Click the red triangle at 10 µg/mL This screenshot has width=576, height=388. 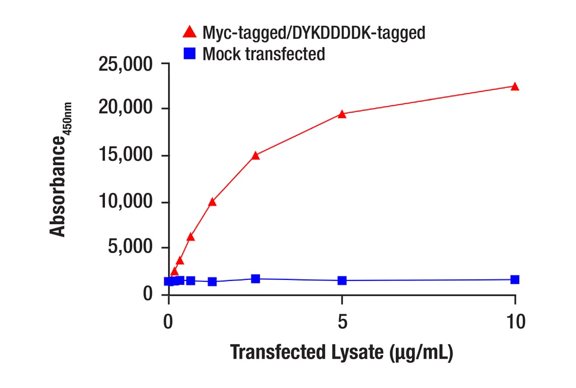(514, 86)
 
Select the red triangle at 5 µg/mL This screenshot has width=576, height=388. (342, 114)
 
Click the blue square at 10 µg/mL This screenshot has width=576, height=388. (514, 279)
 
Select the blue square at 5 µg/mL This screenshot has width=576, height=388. (342, 280)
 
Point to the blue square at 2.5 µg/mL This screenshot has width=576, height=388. (255, 279)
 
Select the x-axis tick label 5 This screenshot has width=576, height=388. (342, 321)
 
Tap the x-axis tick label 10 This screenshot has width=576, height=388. (514, 321)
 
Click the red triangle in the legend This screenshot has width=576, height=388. (189, 32)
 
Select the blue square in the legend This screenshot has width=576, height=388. (189, 53)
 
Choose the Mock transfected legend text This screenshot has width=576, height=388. (264, 54)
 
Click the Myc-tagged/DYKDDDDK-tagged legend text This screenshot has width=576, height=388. (313, 33)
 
